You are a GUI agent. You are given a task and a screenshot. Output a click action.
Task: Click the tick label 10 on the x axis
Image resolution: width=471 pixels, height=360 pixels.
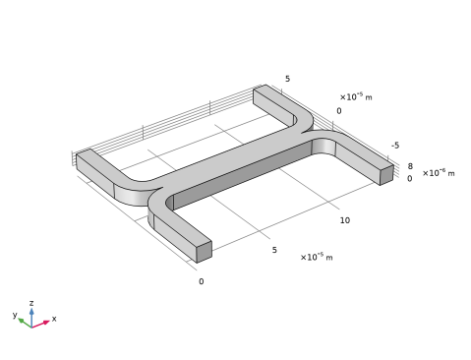345,220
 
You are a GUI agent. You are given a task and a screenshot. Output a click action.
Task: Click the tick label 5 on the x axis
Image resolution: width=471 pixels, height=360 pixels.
274,250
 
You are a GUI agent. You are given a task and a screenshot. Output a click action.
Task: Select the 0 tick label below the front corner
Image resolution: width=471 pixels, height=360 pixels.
202,281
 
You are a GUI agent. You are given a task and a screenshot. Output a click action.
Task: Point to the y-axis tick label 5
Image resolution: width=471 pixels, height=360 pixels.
287,79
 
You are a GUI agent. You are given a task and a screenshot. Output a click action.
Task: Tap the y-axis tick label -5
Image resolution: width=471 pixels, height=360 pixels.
395,146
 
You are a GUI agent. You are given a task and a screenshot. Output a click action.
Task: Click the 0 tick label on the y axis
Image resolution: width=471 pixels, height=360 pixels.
339,111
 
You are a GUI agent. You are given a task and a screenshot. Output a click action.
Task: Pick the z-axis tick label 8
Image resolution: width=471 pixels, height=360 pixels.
410,166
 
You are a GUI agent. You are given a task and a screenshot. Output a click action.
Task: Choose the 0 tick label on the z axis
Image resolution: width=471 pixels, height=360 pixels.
410,179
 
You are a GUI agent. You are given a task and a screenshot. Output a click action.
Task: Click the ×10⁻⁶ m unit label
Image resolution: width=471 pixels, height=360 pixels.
439,172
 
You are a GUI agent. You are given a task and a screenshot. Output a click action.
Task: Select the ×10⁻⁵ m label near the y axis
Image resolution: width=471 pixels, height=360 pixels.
356,96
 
